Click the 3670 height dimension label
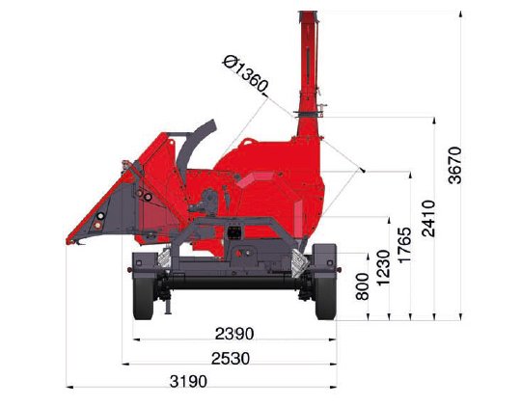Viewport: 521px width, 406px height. (454, 165)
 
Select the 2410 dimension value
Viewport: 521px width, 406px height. (428, 218)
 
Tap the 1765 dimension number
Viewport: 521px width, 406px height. (404, 245)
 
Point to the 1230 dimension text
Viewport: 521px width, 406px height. (383, 267)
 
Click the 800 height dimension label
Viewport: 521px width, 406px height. (362, 286)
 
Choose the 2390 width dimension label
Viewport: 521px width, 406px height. (234, 334)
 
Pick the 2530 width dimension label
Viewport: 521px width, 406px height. (231, 358)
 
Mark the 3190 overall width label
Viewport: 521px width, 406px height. (188, 381)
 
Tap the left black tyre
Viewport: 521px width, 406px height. (143, 297)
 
